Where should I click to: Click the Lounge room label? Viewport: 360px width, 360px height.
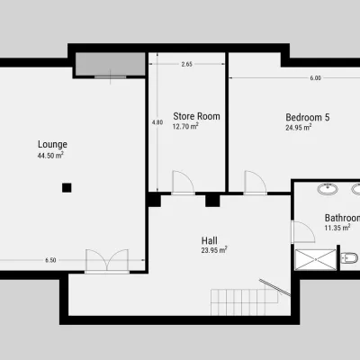pyautogui.click(x=52, y=145)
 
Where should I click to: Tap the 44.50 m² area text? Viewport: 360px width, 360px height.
pyautogui.click(x=50, y=156)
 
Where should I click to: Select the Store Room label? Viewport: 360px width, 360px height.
pyautogui.click(x=196, y=116)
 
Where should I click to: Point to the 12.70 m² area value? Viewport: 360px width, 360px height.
pyautogui.click(x=185, y=126)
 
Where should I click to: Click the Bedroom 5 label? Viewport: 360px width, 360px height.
pyautogui.click(x=308, y=117)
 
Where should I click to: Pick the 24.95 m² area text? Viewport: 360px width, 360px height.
pyautogui.click(x=299, y=128)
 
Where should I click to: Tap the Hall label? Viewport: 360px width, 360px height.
pyautogui.click(x=210, y=240)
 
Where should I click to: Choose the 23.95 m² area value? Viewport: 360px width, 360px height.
pyautogui.click(x=214, y=250)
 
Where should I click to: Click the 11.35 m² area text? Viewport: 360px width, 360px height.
pyautogui.click(x=337, y=228)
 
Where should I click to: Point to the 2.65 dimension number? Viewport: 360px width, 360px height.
pyautogui.click(x=186, y=64)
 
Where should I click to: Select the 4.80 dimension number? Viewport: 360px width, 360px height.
pyautogui.click(x=157, y=122)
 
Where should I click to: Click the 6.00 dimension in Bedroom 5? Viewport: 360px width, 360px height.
pyautogui.click(x=315, y=78)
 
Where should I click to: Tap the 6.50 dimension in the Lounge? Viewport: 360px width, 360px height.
pyautogui.click(x=50, y=260)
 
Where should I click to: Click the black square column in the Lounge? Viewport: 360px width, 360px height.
pyautogui.click(x=67, y=188)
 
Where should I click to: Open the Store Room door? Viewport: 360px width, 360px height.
pyautogui.click(x=183, y=183)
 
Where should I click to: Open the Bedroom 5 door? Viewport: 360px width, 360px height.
pyautogui.click(x=256, y=183)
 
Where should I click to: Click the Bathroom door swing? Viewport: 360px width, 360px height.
pyautogui.click(x=303, y=232)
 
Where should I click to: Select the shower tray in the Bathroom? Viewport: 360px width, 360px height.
pyautogui.click(x=316, y=259)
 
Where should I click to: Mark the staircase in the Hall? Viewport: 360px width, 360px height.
pyautogui.click(x=245, y=302)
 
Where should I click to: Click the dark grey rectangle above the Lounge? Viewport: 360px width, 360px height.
pyautogui.click(x=110, y=65)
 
